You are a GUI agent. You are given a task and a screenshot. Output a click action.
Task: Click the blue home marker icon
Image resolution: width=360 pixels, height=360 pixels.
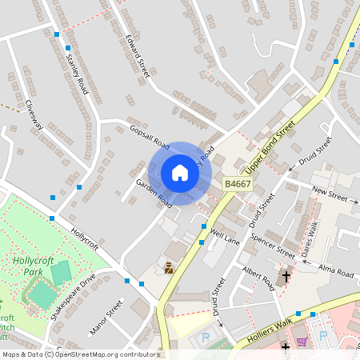[180, 173]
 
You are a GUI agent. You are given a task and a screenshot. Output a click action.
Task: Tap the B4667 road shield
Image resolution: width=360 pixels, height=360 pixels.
[238, 184]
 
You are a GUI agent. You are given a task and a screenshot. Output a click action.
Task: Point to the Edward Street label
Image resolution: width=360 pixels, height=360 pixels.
[138, 55]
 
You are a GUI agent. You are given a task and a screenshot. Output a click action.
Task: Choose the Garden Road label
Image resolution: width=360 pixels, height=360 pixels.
[154, 193]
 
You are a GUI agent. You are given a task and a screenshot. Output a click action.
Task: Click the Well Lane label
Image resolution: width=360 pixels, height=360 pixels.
[226, 237]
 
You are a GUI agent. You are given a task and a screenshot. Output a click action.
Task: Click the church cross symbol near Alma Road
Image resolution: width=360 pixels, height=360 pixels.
[285, 277]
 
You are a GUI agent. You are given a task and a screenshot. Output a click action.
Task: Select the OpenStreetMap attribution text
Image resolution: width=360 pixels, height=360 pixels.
[81, 354]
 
